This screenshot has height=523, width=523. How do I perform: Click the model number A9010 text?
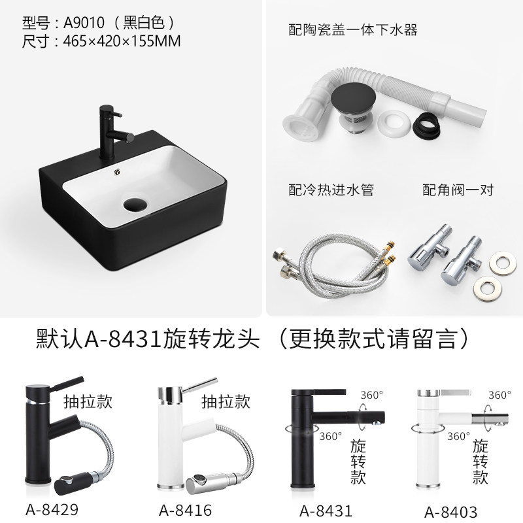point(84,23)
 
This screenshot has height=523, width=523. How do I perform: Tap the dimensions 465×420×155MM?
point(122,41)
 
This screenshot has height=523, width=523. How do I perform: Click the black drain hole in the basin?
point(135,204)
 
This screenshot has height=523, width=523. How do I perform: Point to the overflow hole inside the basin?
point(118,172)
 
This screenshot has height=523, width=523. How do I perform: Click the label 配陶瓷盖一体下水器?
point(353,30)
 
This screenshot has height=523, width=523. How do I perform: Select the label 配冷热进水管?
point(331,190)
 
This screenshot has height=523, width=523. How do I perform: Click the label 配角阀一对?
point(458,190)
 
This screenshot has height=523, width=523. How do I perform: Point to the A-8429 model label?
point(52,509)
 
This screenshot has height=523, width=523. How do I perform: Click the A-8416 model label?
point(186,510)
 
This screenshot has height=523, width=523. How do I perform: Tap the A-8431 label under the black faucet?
point(326,511)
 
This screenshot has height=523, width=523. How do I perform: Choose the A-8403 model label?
point(451,512)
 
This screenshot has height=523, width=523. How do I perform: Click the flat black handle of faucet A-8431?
point(318,392)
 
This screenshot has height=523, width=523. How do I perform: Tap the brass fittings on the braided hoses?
point(388,251)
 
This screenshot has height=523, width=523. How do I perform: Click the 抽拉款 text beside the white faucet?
point(226,401)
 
